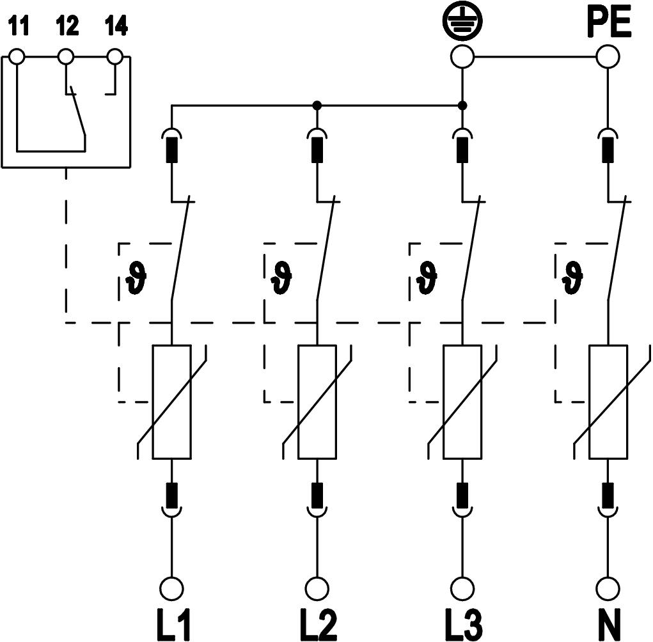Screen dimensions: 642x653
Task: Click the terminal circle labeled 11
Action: click(17, 57)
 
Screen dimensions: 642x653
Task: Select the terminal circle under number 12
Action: click(66, 57)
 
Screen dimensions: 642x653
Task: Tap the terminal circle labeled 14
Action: click(115, 57)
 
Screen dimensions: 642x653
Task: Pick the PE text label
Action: click(609, 24)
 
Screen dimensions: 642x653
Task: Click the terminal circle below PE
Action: click(608, 57)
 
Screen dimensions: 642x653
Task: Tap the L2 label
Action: click(317, 623)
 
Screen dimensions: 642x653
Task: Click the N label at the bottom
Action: click(608, 623)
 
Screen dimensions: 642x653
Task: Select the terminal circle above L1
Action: click(171, 588)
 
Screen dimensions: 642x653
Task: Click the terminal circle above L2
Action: click(317, 588)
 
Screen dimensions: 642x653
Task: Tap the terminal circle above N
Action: click(608, 588)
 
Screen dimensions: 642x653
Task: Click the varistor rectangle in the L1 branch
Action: click(171, 402)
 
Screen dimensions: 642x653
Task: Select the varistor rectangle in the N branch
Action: click(608, 402)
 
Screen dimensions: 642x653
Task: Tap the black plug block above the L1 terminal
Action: click(171, 494)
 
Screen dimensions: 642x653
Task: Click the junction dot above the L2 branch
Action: click(317, 105)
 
